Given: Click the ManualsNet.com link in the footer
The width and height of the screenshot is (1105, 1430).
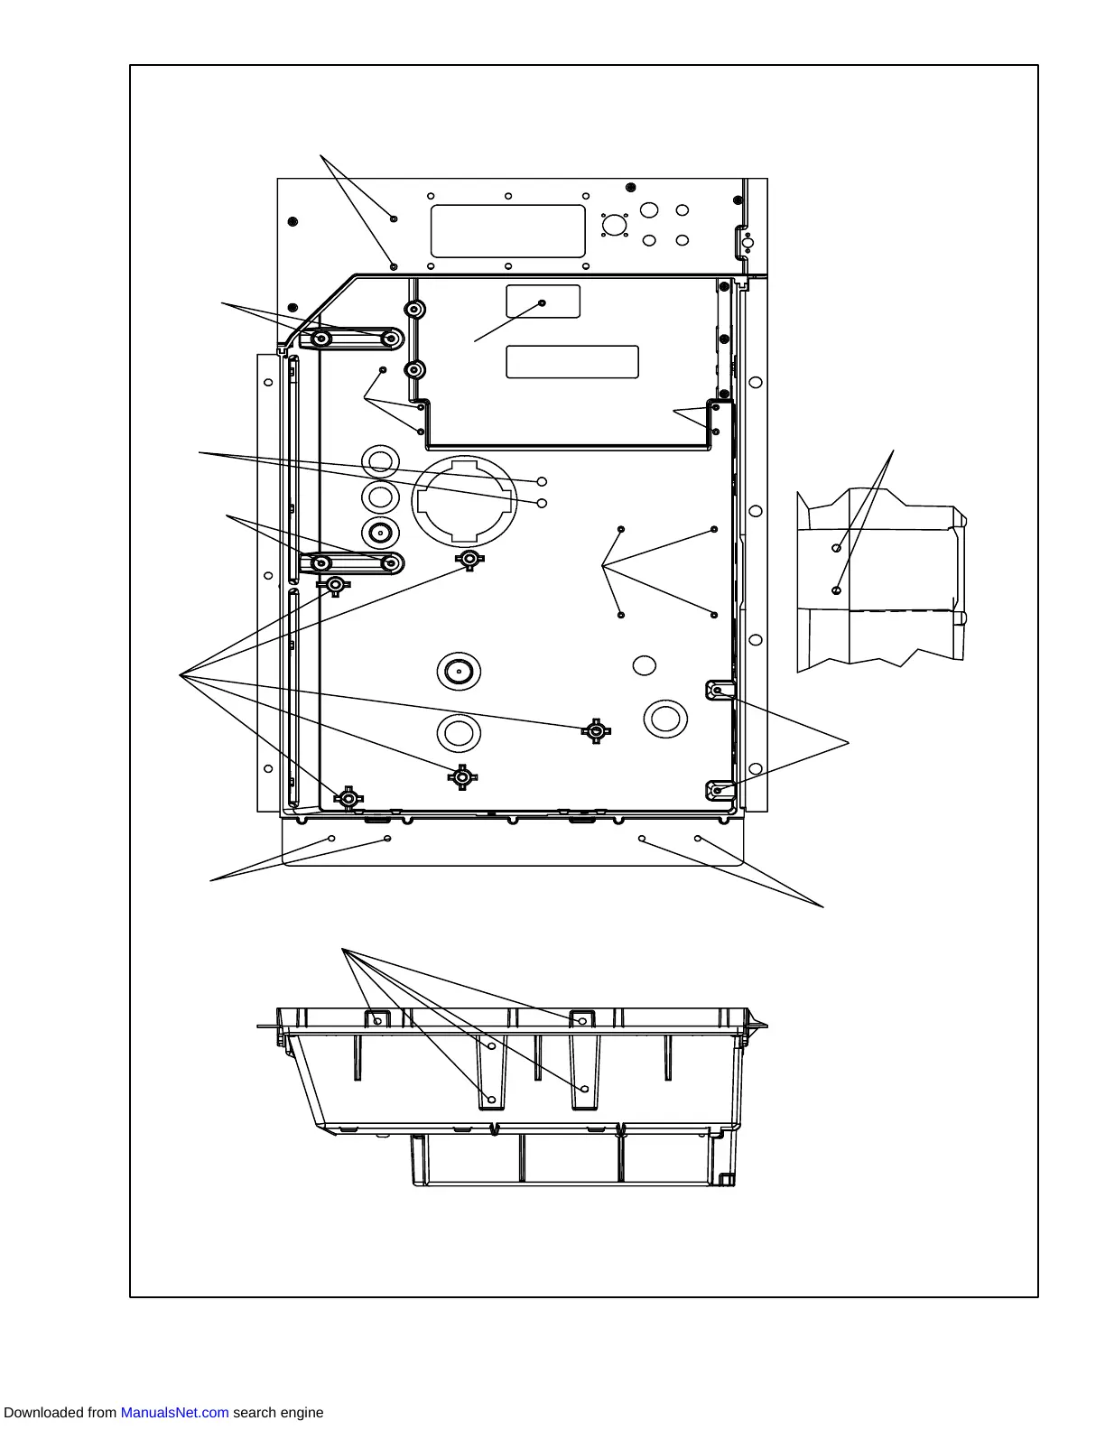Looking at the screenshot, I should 174,1413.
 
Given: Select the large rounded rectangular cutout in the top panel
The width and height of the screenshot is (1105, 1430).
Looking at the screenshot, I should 507,231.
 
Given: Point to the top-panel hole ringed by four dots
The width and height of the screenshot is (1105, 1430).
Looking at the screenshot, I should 615,225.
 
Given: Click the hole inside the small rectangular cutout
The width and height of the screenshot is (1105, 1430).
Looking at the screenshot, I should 542,303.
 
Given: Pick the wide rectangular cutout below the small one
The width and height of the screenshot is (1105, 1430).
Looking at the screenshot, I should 572,362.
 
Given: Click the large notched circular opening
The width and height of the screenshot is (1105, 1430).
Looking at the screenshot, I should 464,499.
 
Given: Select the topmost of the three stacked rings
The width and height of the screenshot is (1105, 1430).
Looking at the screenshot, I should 380,462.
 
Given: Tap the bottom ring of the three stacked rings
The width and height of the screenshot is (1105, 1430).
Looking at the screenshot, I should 380,532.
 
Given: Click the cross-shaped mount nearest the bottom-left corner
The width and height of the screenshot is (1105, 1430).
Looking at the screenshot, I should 348,798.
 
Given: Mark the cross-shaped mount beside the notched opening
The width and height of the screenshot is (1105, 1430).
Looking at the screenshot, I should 469,560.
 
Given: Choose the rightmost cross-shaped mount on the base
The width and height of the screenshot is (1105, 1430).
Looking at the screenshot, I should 595,730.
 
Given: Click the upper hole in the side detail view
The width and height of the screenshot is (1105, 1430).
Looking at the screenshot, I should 837,548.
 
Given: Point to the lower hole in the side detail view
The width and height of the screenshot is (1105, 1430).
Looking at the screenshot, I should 836,590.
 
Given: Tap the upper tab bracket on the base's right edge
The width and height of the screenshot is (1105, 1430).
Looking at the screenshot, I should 717,691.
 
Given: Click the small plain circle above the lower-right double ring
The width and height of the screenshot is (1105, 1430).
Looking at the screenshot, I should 644,665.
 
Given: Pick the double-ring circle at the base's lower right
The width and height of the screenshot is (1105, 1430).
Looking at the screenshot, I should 665,719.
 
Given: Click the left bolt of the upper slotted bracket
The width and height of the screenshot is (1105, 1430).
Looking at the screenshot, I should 321,339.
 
